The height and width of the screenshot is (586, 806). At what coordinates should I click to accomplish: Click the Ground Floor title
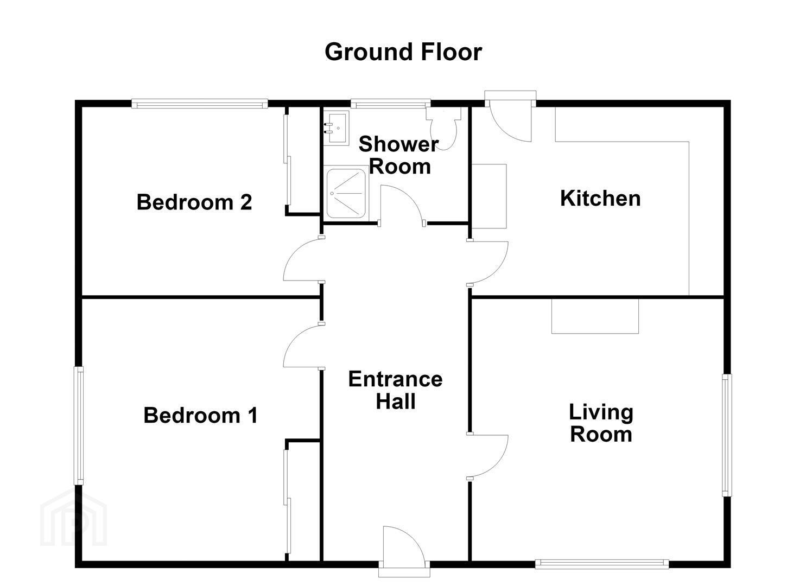[403, 53]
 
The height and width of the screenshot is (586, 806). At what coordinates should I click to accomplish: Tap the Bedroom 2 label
[194, 202]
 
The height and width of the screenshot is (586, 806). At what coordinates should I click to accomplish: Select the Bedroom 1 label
[201, 415]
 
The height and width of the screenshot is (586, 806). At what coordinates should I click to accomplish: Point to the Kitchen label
[600, 198]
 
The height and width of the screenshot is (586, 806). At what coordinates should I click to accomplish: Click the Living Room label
[601, 423]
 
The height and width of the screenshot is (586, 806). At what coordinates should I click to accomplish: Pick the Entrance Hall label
[396, 390]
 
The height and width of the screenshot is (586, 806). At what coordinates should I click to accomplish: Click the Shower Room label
[399, 155]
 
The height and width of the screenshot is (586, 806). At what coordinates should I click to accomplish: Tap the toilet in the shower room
[443, 128]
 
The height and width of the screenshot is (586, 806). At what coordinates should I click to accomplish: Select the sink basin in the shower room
[336, 128]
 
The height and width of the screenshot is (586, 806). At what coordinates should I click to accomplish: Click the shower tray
[346, 193]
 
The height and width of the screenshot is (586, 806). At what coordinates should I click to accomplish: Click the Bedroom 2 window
[200, 104]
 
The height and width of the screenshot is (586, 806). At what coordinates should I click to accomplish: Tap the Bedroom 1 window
[79, 425]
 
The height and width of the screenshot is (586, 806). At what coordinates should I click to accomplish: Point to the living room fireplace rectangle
[595, 316]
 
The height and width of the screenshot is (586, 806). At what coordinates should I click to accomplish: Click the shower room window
[391, 104]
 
